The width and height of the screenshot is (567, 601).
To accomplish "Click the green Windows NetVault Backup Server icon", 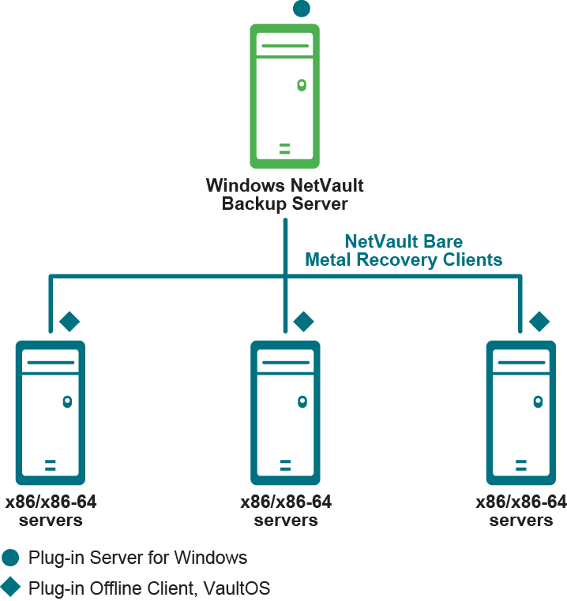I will coord(285,95).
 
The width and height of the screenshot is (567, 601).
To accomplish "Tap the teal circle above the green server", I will coord(302,9).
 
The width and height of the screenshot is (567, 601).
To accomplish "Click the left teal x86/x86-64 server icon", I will coord(50,412).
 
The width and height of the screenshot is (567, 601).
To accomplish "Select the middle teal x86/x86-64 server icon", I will coord(285,412).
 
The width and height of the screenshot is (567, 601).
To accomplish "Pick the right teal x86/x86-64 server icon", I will coord(520,412).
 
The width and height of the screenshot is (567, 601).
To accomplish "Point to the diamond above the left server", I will coord(69,321).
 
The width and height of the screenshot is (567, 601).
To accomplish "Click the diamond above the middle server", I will coord(303,321).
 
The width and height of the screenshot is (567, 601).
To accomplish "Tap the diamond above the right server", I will coord(539,321).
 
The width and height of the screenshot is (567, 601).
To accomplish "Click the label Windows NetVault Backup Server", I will coord(285,195).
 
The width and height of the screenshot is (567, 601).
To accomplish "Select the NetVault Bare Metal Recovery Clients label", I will coord(404,250).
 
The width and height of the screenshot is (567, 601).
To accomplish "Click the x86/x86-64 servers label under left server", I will coord(51,511).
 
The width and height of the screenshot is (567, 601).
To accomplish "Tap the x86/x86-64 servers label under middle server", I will coord(286,511).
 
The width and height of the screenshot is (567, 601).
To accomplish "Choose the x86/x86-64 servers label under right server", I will coord(521,511).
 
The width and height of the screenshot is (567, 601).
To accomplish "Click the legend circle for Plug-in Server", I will coord(10,558).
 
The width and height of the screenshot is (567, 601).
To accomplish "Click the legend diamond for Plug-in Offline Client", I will coord(10,587).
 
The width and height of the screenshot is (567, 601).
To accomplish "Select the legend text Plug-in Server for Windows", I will coord(137,558).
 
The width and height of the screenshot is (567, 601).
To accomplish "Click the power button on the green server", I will coord(301,84).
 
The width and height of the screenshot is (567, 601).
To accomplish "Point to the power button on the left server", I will coord(67,401).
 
